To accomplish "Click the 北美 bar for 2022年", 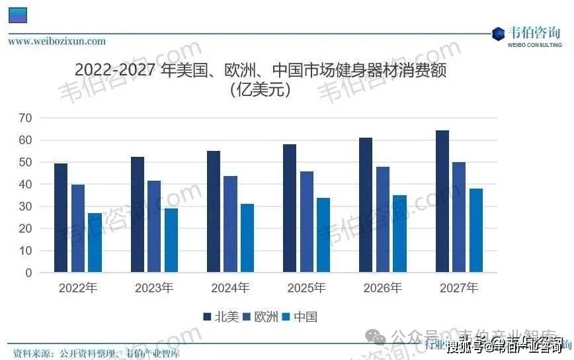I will click(61, 218).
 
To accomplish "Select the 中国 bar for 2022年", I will click(95, 242).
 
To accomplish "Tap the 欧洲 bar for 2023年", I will click(154, 226).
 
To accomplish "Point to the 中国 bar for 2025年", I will click(323, 235).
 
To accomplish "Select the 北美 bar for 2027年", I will click(442, 201).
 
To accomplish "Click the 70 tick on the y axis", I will click(26, 118).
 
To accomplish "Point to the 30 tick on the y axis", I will click(26, 206).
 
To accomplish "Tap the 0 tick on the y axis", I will click(28, 273).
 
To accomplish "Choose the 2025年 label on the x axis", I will click(306, 289).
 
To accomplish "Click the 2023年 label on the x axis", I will click(154, 289).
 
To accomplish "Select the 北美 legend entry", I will click(221, 317).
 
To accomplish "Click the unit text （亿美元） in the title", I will click(260, 89).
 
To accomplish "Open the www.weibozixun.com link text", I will click(57, 41).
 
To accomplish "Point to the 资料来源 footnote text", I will click(97, 353).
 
